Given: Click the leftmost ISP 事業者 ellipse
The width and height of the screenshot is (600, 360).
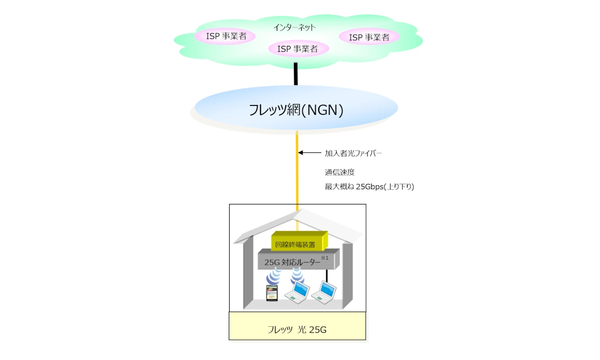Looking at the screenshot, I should point(225,36).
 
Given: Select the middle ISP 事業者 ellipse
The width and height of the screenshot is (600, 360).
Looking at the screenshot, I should point(298,48).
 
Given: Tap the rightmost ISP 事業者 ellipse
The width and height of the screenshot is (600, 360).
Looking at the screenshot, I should point(369,37).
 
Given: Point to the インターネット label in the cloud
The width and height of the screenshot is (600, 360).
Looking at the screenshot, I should point(294,27).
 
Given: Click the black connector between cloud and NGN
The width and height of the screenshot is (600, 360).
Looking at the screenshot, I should point(296,74).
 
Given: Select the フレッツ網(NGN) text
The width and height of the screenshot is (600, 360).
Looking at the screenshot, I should point(296,110).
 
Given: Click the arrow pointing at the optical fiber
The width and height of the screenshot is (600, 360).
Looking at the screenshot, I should point(309,152).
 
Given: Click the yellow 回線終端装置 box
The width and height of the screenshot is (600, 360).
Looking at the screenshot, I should point(299,242).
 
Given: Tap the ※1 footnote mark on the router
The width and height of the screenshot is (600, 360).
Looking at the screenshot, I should point(324,258).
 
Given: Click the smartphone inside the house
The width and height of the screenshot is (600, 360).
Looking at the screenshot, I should point(272,293).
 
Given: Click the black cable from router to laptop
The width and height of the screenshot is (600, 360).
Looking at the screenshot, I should point(327,277).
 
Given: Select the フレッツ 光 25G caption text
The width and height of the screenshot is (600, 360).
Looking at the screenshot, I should point(297,330).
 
